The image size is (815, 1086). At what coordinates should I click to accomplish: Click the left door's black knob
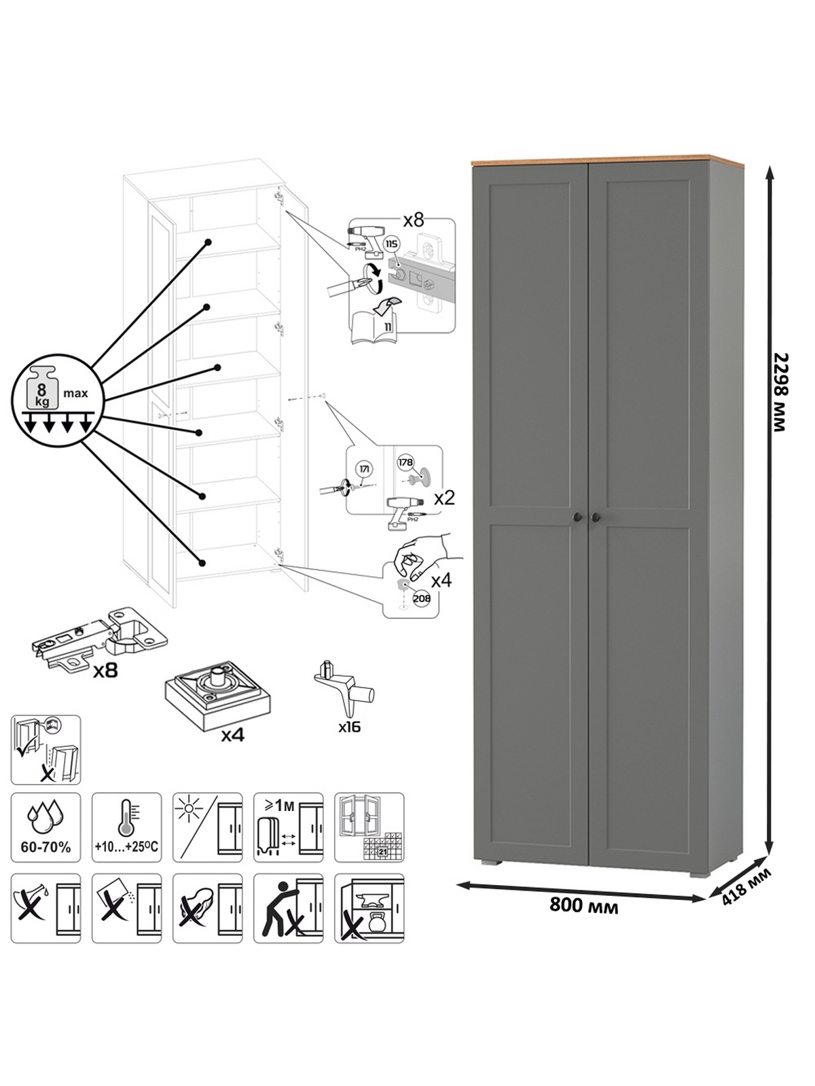[x=576, y=517]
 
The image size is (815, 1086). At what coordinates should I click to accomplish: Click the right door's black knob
[x=596, y=517]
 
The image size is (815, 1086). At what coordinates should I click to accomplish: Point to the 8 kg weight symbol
[x=42, y=390]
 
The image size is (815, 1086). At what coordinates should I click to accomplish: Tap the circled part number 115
[x=391, y=244]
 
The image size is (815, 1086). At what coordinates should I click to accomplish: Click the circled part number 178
[x=405, y=462]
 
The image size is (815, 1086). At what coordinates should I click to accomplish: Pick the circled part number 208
[x=421, y=598]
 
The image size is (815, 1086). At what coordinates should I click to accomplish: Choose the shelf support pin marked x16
[x=345, y=689]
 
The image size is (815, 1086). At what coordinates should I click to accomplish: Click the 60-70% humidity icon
[x=46, y=827]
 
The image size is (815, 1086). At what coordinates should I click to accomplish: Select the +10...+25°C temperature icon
[x=126, y=827]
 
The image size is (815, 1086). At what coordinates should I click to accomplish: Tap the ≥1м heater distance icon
[x=288, y=827]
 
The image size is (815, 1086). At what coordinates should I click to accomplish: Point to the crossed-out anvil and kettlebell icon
[x=369, y=908]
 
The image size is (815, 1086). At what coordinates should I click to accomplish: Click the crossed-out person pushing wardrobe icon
[x=288, y=908]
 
